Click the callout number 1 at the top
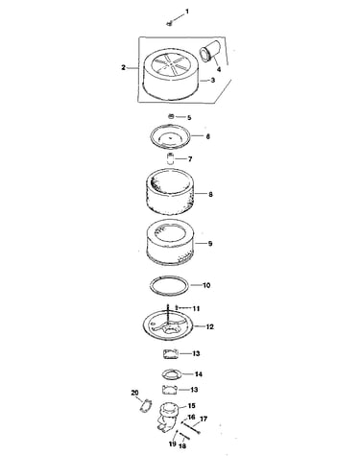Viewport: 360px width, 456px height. (x=187, y=12)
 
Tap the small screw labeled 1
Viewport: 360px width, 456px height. (x=170, y=23)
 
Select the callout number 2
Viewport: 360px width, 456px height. (x=123, y=67)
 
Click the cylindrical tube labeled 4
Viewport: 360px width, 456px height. (x=208, y=51)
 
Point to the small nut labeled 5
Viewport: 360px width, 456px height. (x=171, y=116)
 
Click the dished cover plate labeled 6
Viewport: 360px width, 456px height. (x=170, y=136)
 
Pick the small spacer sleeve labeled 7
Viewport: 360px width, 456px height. (x=170, y=158)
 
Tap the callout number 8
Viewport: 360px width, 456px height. (x=210, y=194)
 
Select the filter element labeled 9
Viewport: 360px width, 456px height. (x=170, y=242)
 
